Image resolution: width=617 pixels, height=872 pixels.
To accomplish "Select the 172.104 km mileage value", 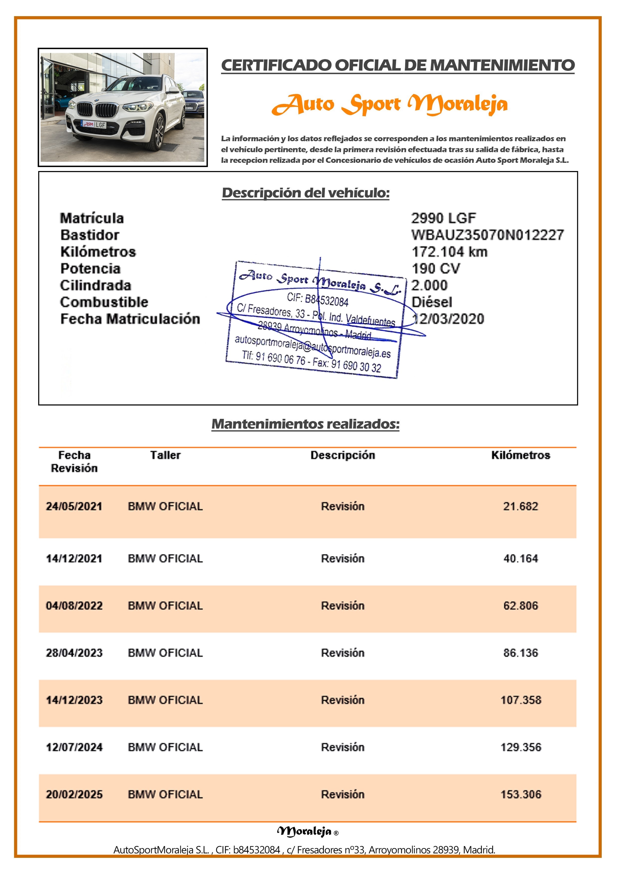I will tap(449, 252).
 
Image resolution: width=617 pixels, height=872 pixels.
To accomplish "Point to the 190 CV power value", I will tap(436, 268).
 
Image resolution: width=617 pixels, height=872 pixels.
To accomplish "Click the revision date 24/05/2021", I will tap(74, 506).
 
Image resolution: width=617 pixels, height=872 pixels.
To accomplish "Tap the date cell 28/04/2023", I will tap(74, 653).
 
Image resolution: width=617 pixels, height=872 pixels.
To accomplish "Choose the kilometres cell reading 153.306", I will tap(520, 794).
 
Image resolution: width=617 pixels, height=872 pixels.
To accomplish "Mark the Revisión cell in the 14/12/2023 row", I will tap(343, 700).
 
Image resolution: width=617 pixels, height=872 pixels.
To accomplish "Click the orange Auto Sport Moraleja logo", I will tap(390, 104).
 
